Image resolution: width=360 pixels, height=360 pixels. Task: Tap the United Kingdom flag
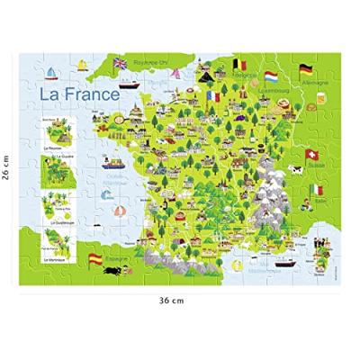pyautogui.click(x=120, y=65)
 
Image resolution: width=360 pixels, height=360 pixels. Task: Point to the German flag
pyautogui.click(x=306, y=69)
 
